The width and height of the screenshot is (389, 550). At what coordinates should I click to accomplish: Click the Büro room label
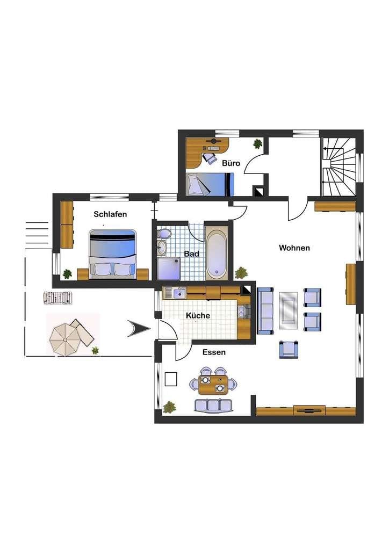point(231,163)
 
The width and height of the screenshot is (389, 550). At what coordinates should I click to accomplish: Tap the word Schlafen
point(110,214)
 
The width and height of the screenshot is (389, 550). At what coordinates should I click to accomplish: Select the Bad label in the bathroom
point(191,254)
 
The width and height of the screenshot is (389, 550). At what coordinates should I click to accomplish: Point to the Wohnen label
point(294,248)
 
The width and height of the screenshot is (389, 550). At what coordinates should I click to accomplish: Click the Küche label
point(198,315)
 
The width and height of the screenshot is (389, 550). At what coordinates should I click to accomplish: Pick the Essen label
point(214,352)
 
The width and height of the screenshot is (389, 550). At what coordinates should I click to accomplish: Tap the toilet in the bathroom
point(164,233)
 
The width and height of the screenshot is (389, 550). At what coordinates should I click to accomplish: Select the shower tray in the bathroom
point(169,269)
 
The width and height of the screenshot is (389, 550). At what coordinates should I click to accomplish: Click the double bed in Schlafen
point(112,254)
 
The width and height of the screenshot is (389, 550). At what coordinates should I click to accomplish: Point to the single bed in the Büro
point(210,184)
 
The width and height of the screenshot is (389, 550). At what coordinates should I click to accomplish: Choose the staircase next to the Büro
point(338,167)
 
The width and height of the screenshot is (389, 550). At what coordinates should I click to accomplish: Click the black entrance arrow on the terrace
point(139,329)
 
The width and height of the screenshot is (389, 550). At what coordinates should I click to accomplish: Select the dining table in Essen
point(213,385)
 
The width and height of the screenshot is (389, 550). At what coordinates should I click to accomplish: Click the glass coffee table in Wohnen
point(289,310)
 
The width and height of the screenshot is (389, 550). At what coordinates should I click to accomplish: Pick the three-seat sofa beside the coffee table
point(265,310)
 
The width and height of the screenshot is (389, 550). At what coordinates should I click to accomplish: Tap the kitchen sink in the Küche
point(179,293)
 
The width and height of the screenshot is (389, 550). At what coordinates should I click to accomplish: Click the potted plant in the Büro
point(258,143)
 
